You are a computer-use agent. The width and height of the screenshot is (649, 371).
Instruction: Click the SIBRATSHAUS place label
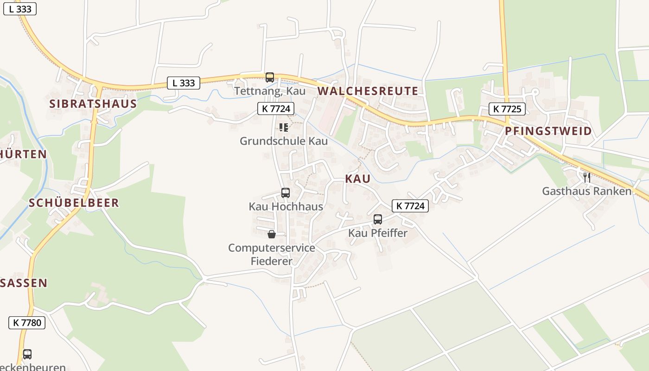point(93,103)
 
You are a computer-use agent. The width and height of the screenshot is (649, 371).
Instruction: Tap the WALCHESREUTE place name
point(368,91)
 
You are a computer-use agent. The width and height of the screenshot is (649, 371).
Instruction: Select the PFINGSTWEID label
point(548,131)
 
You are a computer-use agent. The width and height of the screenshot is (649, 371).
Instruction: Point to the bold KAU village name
point(357,179)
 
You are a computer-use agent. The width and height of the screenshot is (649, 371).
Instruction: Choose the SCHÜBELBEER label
point(74,203)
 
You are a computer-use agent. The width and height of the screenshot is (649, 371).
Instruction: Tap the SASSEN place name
point(24,283)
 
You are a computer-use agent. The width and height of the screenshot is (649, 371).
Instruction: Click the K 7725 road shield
point(507,109)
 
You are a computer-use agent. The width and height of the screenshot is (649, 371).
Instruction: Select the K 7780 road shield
point(27,323)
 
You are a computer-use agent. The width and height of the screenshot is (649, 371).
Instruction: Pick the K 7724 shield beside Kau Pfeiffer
point(410,206)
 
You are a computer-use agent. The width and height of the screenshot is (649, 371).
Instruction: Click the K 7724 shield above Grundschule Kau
point(276,109)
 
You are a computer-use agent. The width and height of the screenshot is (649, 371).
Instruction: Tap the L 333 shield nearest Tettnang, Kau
point(183,83)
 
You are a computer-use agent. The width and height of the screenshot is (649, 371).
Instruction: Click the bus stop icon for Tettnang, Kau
point(269,77)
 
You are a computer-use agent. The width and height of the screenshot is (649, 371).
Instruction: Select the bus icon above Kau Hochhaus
point(286,193)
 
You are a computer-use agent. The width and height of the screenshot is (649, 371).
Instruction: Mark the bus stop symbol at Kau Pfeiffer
point(378,219)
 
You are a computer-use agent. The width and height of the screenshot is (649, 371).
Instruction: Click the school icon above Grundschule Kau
point(284,128)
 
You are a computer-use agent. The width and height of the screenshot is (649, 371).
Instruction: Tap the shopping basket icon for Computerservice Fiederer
point(272,234)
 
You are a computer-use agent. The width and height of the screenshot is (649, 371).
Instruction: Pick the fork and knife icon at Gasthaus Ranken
point(587,177)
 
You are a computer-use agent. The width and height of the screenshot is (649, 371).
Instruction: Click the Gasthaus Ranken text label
point(587,191)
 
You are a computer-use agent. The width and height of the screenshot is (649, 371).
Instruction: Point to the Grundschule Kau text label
point(284,141)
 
